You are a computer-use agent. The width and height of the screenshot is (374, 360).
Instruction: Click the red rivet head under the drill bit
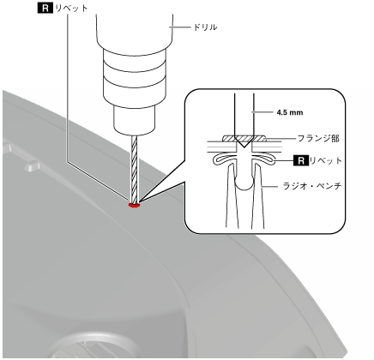[134, 205]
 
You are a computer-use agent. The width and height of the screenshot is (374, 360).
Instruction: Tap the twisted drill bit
[134, 169]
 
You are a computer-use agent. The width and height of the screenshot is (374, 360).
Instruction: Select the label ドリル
[205, 27]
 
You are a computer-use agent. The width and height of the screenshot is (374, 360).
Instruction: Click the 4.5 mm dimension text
[290, 112]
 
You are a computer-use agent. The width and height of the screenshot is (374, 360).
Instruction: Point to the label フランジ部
[318, 139]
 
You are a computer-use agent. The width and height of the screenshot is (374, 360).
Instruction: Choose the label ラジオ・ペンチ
[312, 187]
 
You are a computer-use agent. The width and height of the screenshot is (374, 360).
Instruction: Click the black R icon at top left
[45, 9]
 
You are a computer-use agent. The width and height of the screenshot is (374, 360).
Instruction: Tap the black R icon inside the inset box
[301, 161]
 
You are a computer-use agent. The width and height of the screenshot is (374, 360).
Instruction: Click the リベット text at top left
[71, 9]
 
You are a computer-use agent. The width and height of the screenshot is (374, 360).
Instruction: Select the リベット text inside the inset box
[326, 161]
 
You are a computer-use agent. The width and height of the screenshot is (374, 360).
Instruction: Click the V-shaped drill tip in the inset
[244, 142]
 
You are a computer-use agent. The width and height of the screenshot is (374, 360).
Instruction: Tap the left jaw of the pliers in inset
[232, 197]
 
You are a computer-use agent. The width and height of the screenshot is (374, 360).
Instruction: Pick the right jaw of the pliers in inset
[257, 197]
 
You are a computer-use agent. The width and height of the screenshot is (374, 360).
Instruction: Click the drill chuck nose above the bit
[134, 120]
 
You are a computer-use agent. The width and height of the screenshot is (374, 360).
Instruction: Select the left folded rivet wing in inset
[225, 161]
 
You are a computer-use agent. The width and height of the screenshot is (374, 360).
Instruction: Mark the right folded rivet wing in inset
[263, 160]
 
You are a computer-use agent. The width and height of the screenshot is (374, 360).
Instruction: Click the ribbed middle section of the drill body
[134, 75]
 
